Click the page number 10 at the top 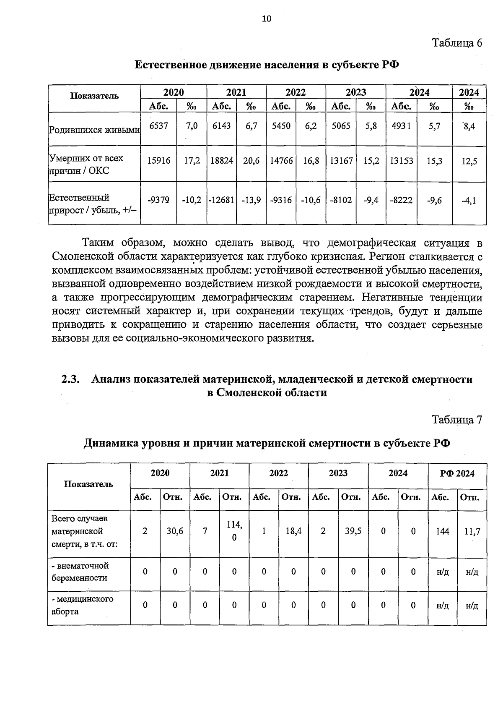(x=267, y=18)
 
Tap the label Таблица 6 (x=457, y=43)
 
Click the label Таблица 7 (x=457, y=420)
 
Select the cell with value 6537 (x=158, y=126)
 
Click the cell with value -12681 (x=221, y=201)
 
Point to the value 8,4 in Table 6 (x=469, y=126)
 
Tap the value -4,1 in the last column (x=469, y=201)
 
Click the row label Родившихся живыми (x=94, y=130)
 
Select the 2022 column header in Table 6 (x=296, y=92)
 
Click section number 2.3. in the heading (x=70, y=379)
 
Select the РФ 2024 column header (x=457, y=474)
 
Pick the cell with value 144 (x=443, y=531)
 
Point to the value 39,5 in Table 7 (x=353, y=531)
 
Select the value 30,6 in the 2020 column (x=175, y=531)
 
